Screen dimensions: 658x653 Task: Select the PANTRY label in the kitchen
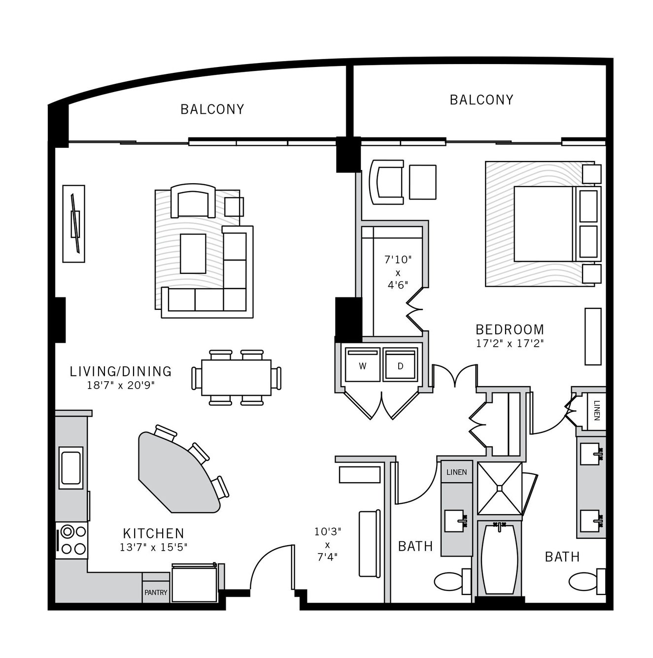pyautogui.click(x=156, y=592)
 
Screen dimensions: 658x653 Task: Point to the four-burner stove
pyautogui.click(x=72, y=540)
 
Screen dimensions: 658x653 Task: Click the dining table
pyautogui.click(x=236, y=377)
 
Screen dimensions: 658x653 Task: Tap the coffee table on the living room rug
pyautogui.click(x=193, y=254)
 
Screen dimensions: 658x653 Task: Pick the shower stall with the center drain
pyautogui.click(x=500, y=488)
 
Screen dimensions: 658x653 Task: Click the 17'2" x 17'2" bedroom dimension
pyautogui.click(x=510, y=343)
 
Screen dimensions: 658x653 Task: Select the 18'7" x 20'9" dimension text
pyautogui.click(x=121, y=385)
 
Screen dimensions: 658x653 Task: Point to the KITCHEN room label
pyautogui.click(x=153, y=533)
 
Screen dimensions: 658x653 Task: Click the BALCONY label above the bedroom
pyautogui.click(x=481, y=100)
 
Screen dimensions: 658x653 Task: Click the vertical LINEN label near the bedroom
pyautogui.click(x=597, y=410)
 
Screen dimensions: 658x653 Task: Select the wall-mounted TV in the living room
pyautogui.click(x=74, y=224)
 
